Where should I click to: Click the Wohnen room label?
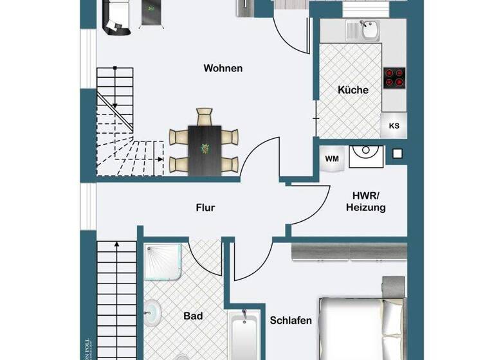(223, 68)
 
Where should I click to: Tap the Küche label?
(353, 90)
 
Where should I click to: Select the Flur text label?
(205, 208)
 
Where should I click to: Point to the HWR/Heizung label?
(365, 201)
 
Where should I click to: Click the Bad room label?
(193, 316)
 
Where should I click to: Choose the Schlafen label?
(291, 320)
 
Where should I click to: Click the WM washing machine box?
(332, 159)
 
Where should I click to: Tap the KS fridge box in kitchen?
(394, 126)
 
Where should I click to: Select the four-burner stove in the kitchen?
(394, 77)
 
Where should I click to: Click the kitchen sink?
(369, 30)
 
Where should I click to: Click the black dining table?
(205, 149)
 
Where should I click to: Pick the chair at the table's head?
(205, 118)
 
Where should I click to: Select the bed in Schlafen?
(360, 325)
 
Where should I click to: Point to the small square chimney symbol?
(398, 154)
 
